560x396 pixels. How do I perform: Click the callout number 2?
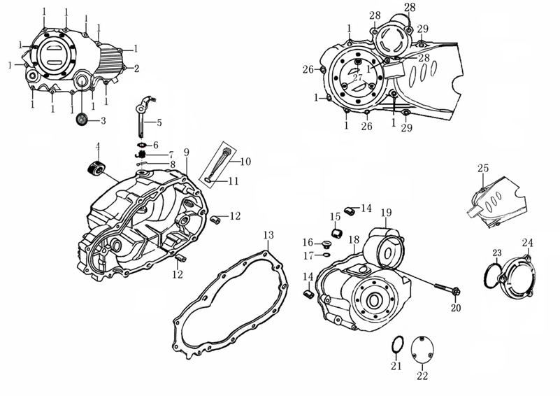[136, 69]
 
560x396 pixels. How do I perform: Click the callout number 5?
[159, 122]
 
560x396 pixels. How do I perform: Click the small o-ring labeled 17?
[326, 255]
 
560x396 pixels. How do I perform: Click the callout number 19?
[386, 213]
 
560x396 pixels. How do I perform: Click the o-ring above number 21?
[396, 344]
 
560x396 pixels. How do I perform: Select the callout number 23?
[497, 253]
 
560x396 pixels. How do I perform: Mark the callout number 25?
[482, 169]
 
